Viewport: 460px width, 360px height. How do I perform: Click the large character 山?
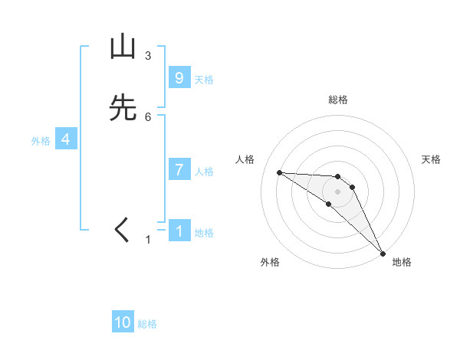pos(123,47)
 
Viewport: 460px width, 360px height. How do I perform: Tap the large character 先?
pos(123,109)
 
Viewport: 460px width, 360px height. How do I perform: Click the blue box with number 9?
pos(179,78)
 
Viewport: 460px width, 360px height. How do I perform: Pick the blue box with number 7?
pos(179,170)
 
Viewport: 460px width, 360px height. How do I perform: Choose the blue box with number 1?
pos(179,231)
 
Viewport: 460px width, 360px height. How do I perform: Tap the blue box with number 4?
pos(66,139)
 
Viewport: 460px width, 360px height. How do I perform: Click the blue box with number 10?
pos(123,322)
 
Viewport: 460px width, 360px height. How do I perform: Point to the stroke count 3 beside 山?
pos(148,56)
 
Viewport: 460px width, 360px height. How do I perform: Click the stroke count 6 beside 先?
pos(148,116)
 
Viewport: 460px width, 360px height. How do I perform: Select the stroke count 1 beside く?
pos(148,240)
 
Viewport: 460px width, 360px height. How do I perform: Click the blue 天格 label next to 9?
pos(204,80)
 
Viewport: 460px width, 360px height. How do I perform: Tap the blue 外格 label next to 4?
pos(41,141)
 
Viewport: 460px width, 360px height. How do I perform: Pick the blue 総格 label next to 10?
pos(147,324)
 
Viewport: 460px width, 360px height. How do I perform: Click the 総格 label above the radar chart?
pos(338,100)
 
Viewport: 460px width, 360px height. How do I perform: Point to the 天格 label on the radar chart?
pos(432,159)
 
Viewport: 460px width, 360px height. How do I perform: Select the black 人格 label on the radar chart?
pos(245,159)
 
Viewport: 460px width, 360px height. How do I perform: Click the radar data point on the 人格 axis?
pos(279,172)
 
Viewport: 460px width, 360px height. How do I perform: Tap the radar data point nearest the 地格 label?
pos(383,253)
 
